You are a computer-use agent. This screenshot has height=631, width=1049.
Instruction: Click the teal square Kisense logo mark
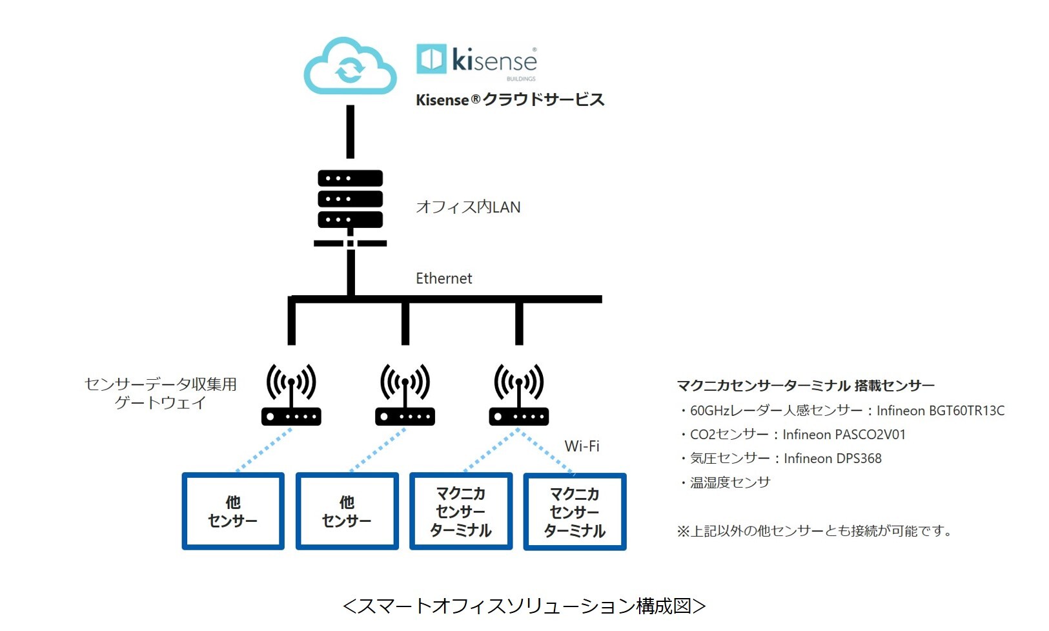pos(431,59)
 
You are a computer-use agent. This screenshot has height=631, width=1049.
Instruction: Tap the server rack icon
pos(351,208)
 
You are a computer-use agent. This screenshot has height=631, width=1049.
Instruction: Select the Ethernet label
pos(444,278)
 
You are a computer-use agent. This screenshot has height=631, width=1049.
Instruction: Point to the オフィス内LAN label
pos(468,207)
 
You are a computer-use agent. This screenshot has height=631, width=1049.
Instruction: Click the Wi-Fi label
pos(582,446)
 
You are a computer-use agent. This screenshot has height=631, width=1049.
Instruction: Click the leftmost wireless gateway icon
pos(291,395)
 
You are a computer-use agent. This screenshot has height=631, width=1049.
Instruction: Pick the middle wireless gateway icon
pos(405,395)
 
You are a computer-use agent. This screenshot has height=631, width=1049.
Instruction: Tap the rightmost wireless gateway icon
pos(519,395)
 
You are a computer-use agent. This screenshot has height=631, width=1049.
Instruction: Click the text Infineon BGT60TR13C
pos(941,411)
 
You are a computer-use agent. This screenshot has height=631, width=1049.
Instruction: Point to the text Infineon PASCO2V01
pos(844,435)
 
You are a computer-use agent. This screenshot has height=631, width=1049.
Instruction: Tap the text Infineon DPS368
pos(833,459)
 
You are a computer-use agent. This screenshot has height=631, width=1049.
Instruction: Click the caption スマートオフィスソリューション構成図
pos(524,606)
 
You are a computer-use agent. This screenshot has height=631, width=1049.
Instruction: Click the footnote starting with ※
pos(815,531)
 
